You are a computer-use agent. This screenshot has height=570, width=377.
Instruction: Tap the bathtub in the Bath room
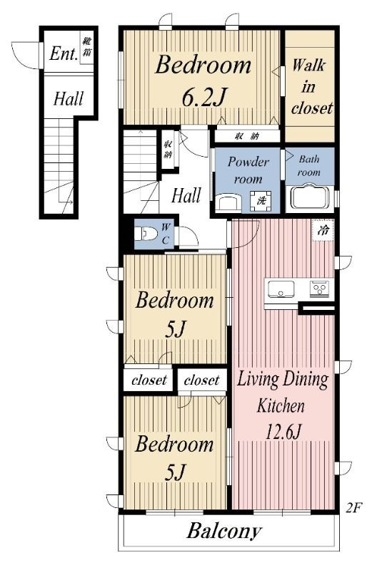click(x=310, y=199)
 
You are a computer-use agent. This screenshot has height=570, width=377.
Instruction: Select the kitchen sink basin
click(x=281, y=289)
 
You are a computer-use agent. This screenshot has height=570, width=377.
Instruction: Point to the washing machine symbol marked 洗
click(x=261, y=201)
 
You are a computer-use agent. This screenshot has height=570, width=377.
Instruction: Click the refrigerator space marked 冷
click(x=323, y=230)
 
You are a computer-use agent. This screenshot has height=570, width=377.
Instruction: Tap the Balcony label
click(x=224, y=531)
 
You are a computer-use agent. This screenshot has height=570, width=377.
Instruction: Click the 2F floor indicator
click(x=353, y=507)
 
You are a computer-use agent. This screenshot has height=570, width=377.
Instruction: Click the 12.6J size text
click(x=283, y=432)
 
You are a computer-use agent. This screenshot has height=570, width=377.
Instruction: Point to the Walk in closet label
click(x=311, y=86)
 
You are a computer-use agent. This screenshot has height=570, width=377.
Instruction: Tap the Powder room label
click(x=248, y=170)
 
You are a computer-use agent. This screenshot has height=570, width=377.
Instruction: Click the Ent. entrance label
click(x=64, y=53)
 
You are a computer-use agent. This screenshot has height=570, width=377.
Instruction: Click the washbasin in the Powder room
click(x=228, y=202)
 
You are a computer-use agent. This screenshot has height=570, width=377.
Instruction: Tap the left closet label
click(x=149, y=380)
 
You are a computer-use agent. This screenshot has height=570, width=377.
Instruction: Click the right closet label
click(x=201, y=380)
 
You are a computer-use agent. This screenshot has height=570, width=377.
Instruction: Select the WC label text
click(x=166, y=234)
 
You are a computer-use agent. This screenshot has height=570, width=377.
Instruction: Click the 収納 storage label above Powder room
click(x=246, y=136)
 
